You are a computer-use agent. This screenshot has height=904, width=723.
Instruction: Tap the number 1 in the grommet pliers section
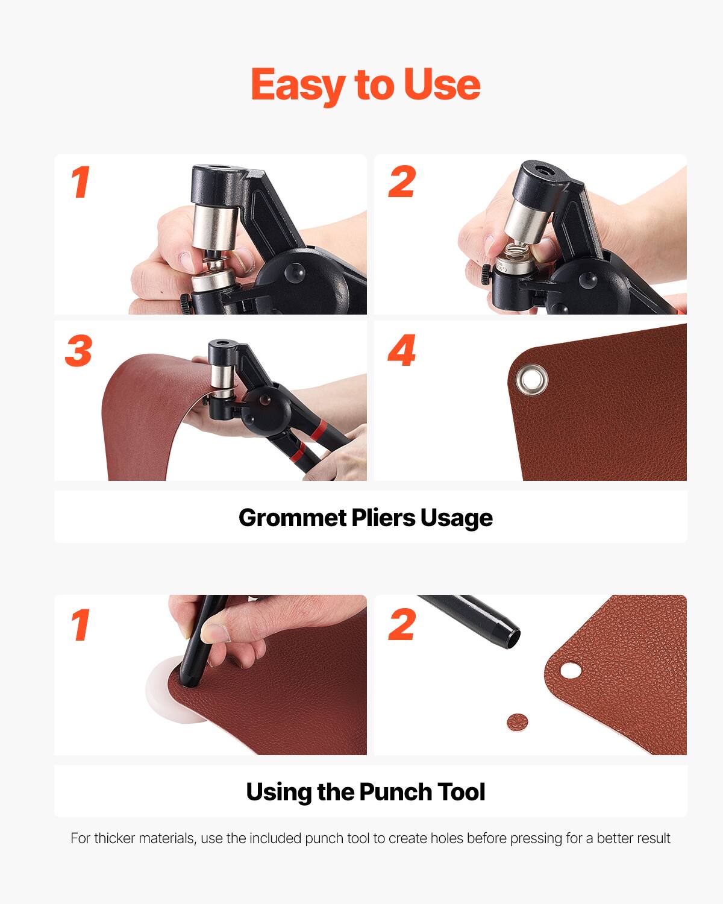[x=81, y=182]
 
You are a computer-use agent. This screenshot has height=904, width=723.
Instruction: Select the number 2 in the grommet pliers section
[x=402, y=182]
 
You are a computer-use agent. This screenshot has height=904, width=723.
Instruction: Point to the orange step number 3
[x=79, y=351]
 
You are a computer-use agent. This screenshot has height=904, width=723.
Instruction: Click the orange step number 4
[x=402, y=351]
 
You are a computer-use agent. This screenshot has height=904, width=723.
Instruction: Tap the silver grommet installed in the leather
[x=531, y=380]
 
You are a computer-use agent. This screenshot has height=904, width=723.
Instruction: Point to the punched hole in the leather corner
[x=569, y=670]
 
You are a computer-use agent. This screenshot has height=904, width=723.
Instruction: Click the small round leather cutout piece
[x=516, y=721]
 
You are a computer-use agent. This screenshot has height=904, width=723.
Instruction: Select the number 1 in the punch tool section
[x=81, y=626]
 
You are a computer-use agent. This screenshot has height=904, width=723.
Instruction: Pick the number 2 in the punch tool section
[x=402, y=626]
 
